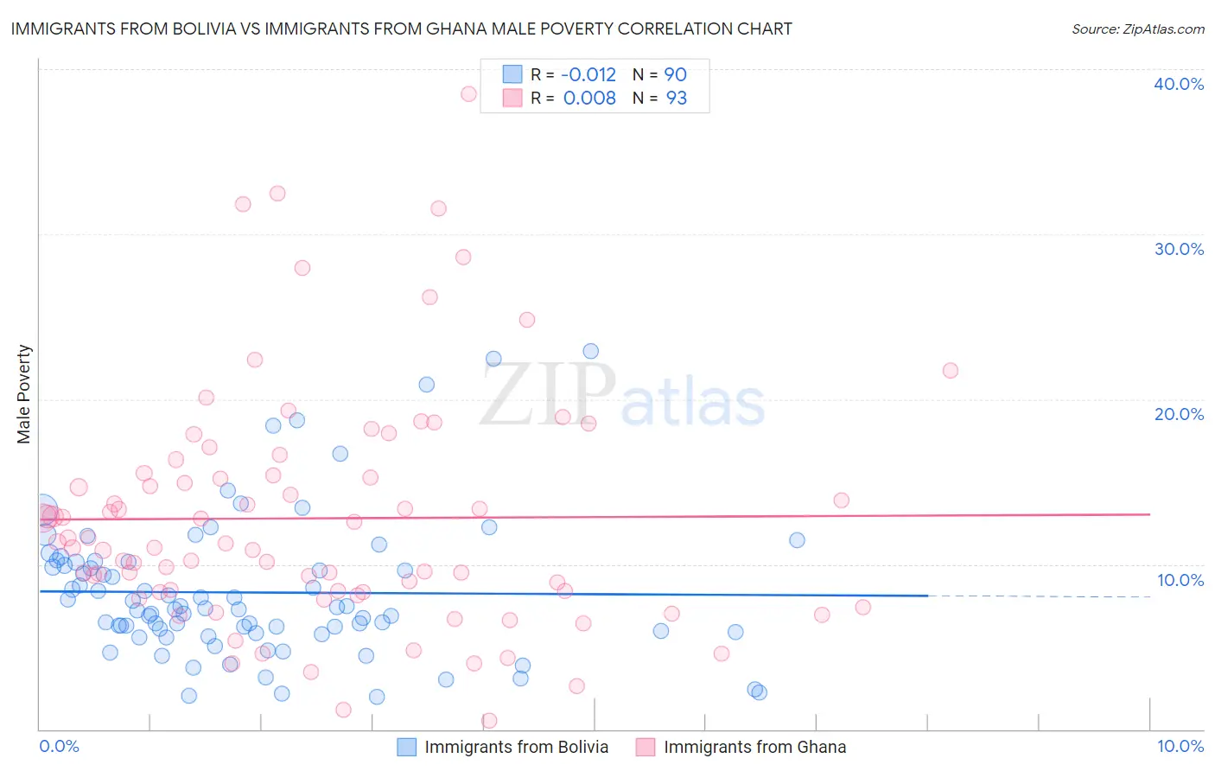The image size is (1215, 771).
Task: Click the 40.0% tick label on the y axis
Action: point(1179,84)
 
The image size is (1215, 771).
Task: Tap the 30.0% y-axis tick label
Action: point(1179,249)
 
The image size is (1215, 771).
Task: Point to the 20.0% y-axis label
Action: point(1179,414)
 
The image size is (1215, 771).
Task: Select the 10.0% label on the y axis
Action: point(1180,580)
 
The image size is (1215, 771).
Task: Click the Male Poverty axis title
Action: point(24,394)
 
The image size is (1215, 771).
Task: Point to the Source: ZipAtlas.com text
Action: point(1137,29)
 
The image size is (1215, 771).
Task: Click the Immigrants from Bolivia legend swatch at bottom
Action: point(407,748)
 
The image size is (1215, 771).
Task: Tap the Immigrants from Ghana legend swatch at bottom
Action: point(646,748)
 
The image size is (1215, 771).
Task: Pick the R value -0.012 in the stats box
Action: point(588,75)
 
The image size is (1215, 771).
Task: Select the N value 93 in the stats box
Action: point(676,99)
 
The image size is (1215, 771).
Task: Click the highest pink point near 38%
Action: point(468,94)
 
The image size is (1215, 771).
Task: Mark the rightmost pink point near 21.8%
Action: point(951,371)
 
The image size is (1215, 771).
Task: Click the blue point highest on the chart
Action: point(591,351)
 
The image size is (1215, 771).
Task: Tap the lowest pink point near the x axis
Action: point(489,721)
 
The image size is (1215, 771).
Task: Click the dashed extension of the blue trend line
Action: point(1037,596)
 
